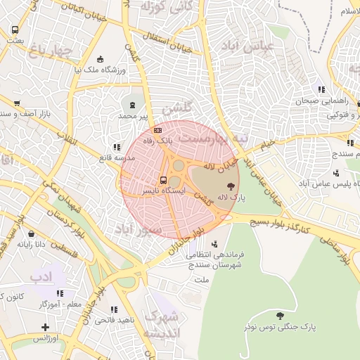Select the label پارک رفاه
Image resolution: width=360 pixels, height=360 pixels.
tap(158, 141)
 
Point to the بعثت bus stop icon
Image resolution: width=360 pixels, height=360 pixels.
tap(15, 30)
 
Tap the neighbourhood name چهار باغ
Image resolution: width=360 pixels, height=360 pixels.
tap(51, 50)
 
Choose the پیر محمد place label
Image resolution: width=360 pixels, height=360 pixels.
tap(134, 115)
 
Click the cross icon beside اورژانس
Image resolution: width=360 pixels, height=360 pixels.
tap(46, 327)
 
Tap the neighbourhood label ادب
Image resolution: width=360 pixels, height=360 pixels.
tap(42, 276)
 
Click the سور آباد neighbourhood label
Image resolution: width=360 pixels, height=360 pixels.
tap(138, 230)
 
